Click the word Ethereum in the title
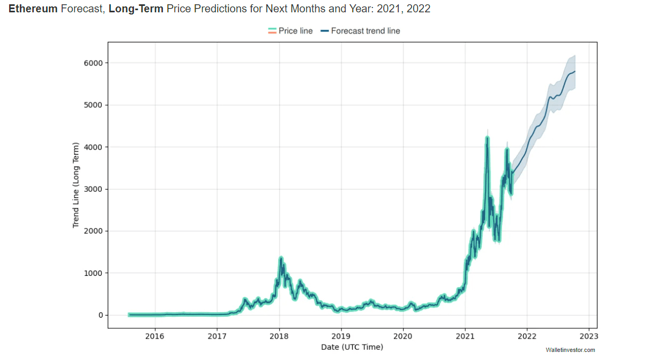click(32, 9)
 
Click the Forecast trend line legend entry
click(360, 31)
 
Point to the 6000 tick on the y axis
click(93, 63)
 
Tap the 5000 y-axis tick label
click(93, 105)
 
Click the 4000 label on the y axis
click(93, 147)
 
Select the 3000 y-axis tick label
click(93, 189)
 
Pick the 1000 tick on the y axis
click(93, 273)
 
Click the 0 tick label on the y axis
click(100, 315)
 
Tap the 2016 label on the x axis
click(155, 336)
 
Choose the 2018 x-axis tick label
click(279, 336)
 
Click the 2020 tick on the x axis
click(403, 336)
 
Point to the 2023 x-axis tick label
click(589, 336)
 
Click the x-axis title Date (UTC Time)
click(352, 347)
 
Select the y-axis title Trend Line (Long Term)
click(76, 185)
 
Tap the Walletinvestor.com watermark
click(570, 350)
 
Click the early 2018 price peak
click(281, 258)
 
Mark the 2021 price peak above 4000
click(487, 138)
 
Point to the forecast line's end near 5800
click(575, 71)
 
